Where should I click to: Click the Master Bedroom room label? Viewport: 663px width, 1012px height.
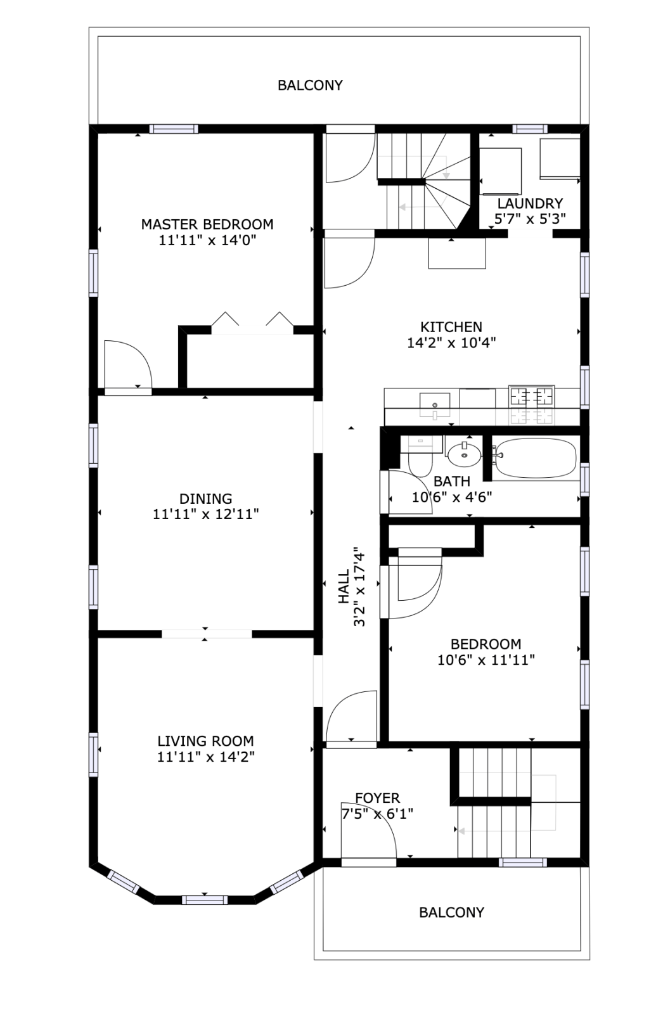click(207, 224)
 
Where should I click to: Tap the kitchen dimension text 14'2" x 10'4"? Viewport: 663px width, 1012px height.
click(451, 343)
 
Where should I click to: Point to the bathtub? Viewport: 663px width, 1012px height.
click(536, 458)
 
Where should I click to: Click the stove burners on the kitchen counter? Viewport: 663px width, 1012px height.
click(531, 397)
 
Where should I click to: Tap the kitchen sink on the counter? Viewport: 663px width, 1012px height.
click(435, 403)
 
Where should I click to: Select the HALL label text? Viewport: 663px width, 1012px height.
click(344, 586)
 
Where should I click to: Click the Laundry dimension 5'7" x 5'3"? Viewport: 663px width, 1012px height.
click(529, 219)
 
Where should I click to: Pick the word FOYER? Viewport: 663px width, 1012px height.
click(377, 798)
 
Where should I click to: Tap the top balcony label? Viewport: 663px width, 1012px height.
click(310, 85)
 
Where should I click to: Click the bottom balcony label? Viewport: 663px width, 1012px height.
click(451, 912)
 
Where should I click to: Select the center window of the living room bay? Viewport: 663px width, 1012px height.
click(205, 900)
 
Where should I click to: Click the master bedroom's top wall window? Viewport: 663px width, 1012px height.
click(174, 129)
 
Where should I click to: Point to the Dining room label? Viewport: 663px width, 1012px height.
click(205, 499)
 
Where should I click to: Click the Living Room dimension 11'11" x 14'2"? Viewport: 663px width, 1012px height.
click(205, 757)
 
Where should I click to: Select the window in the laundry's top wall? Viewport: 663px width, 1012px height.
click(530, 129)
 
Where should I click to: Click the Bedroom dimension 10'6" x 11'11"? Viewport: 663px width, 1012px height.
click(486, 660)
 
